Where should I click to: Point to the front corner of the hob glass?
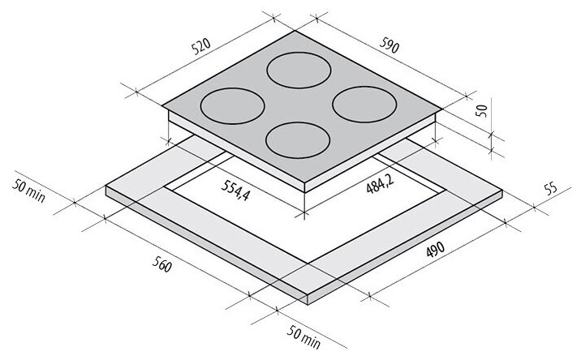(x=305, y=181)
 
